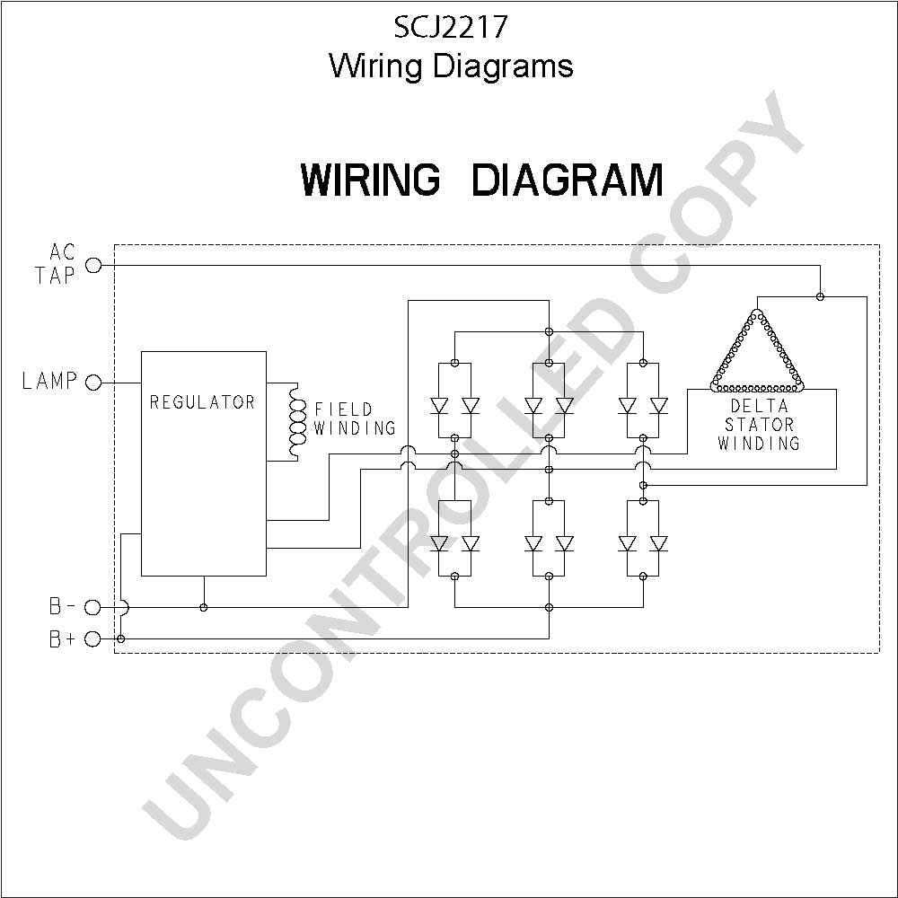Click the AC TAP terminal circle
click(x=93, y=265)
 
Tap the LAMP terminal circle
click(x=93, y=382)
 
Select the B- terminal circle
click(x=92, y=607)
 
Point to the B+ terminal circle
click(x=92, y=638)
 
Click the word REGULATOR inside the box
click(x=202, y=402)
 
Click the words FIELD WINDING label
click(x=355, y=418)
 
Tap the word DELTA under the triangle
click(x=760, y=406)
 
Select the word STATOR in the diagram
click(x=760, y=425)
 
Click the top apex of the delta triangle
click(x=757, y=313)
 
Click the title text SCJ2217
click(x=451, y=27)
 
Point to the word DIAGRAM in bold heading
click(x=568, y=180)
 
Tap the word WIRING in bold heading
click(x=371, y=180)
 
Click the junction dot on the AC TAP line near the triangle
click(x=820, y=296)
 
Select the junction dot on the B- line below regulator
click(x=203, y=607)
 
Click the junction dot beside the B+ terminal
click(x=120, y=638)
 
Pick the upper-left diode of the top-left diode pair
click(x=439, y=406)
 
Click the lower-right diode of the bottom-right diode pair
click(x=658, y=543)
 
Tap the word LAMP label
click(x=49, y=381)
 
